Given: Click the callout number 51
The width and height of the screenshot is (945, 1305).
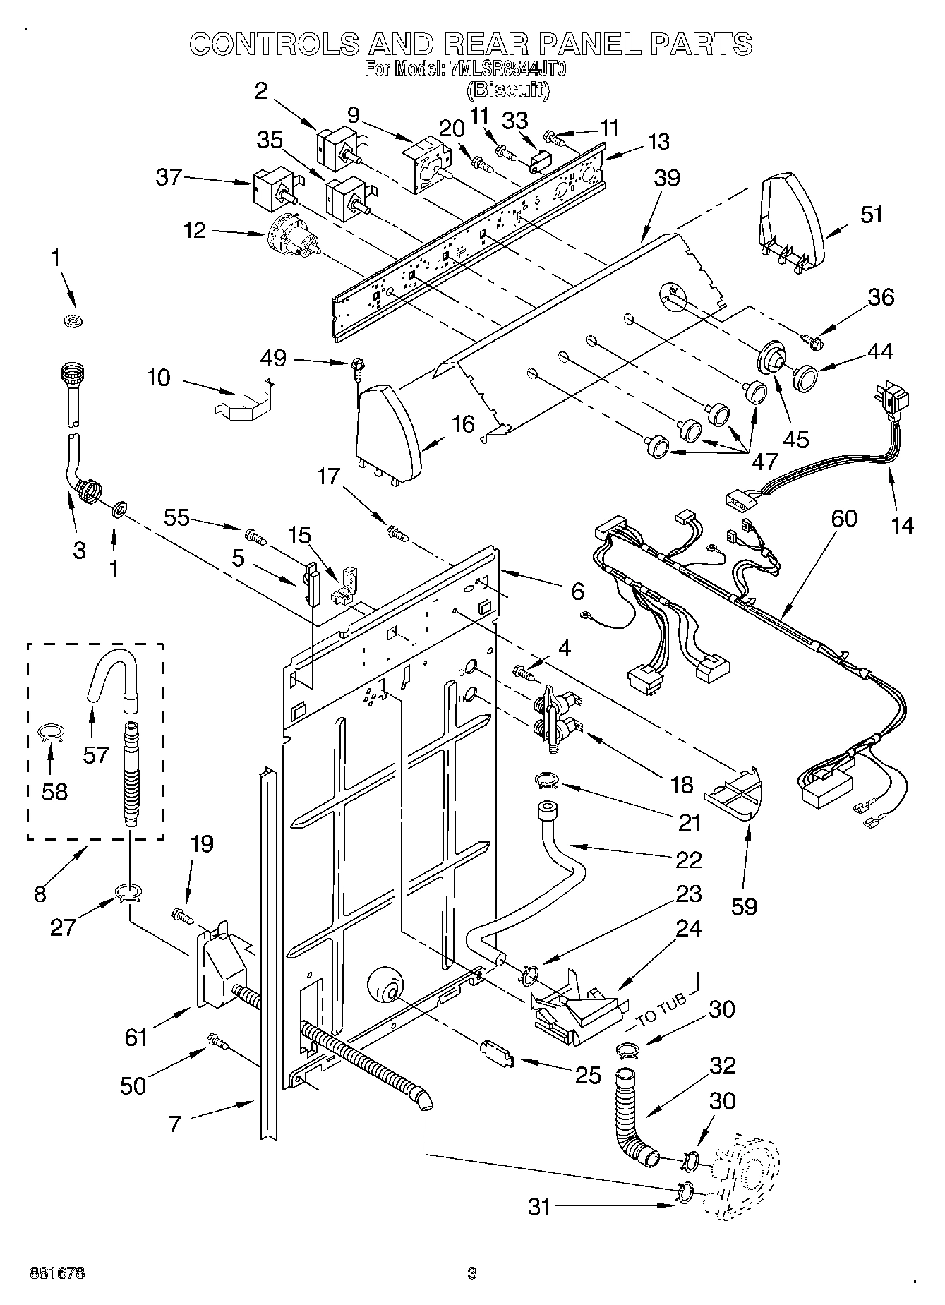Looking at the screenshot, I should (x=871, y=215).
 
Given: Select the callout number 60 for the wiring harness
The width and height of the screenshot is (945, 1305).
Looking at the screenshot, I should (x=843, y=519).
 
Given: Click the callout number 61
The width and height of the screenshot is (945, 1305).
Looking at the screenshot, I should (x=135, y=1037).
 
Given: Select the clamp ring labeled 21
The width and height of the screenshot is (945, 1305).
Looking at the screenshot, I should (x=547, y=779).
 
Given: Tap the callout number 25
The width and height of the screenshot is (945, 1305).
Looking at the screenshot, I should (x=588, y=1076).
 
